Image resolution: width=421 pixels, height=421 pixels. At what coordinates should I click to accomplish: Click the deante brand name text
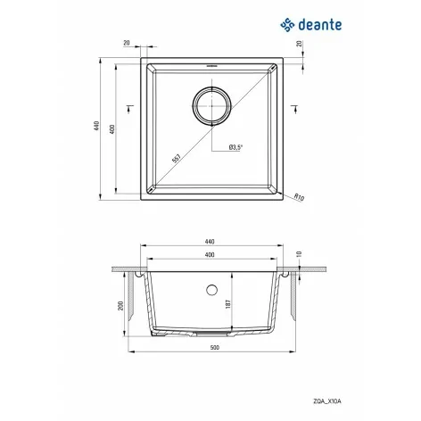(x=320, y=25)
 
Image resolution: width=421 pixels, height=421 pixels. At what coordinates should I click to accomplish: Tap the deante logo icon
(x=287, y=25)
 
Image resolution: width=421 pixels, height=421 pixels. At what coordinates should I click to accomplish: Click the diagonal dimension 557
(x=177, y=159)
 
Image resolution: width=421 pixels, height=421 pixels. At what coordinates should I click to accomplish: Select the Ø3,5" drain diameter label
(x=236, y=147)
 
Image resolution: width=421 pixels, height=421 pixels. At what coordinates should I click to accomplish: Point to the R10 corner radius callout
(x=299, y=197)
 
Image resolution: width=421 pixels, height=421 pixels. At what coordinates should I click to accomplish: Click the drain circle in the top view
(x=211, y=106)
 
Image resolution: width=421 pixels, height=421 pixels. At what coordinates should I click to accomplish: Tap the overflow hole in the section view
(x=211, y=290)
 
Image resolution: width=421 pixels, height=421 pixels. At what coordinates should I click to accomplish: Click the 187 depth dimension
(x=228, y=304)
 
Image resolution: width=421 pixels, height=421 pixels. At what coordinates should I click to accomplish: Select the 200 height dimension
(x=120, y=306)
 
